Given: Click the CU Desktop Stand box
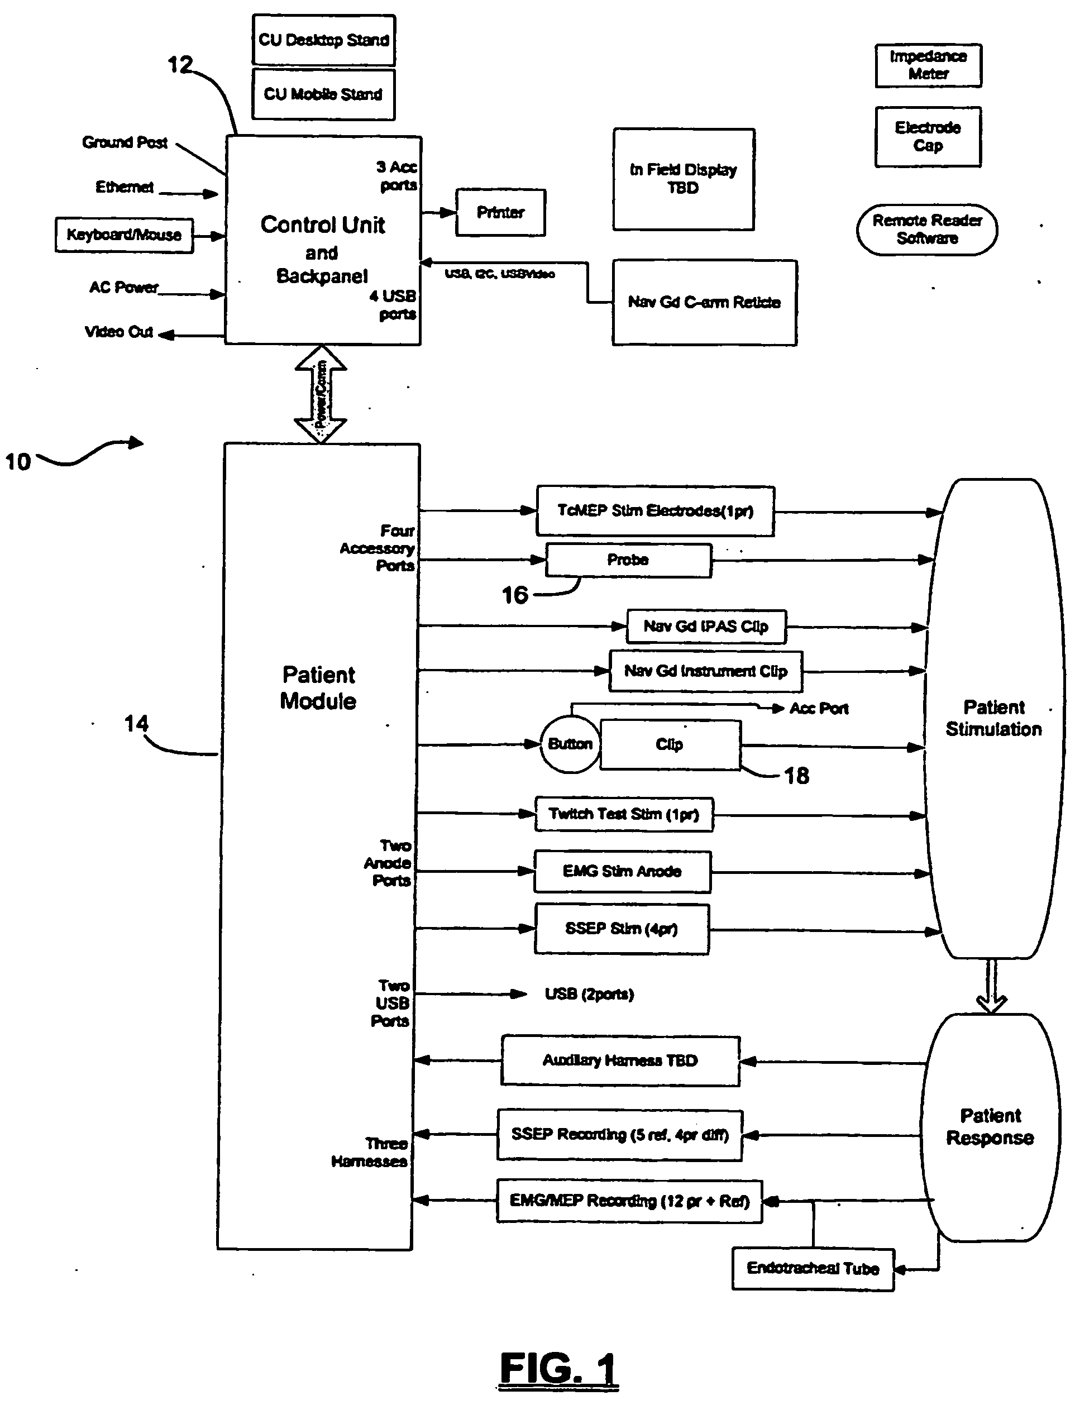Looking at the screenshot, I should coord(324,40).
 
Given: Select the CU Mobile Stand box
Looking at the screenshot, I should coord(323,94).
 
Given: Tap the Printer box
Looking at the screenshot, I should coord(500,212).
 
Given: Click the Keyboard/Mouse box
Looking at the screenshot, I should coord(124,235).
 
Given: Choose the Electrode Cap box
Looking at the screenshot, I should coord(928,137).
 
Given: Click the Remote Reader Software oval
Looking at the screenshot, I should coord(927,230).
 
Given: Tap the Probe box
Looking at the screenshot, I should coord(628,561).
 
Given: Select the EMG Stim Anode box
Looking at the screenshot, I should coord(623,871).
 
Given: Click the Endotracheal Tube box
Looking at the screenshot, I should coord(813,1269).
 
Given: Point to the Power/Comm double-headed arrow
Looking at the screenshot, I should coord(321,394).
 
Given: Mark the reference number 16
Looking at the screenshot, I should coord(515,596).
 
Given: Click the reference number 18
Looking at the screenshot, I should coord(797,776).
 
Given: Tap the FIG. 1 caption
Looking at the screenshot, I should coord(558,1369).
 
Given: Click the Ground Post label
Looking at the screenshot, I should coord(125,142).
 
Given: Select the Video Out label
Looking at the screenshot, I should coord(119,332).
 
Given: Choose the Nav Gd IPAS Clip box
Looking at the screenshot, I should coord(706,627).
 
